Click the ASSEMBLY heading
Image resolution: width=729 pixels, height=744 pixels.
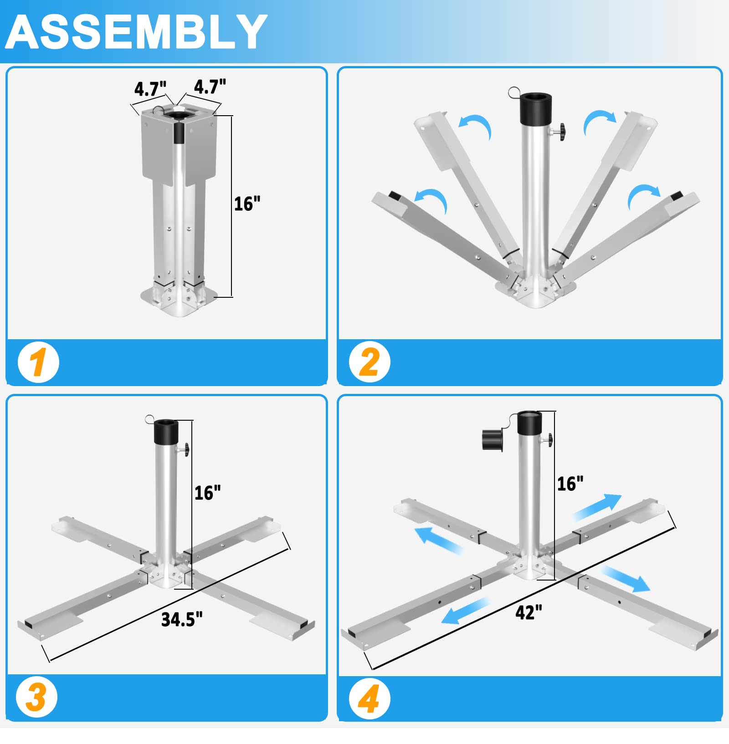tap(136, 32)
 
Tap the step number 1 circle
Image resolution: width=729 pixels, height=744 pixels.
tap(38, 362)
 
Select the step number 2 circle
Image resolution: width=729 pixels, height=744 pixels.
tap(370, 362)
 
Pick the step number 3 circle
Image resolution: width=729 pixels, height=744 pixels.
tap(36, 698)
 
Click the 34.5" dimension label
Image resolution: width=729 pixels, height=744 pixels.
tap(182, 620)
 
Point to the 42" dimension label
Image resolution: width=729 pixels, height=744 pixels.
tap(529, 612)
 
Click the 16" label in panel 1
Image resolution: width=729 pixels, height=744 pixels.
tap(247, 204)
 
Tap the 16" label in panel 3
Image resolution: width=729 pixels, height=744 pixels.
tap(207, 493)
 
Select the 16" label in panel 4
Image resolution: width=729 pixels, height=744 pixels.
tap(570, 484)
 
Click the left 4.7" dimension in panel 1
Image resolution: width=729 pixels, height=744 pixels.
tap(150, 88)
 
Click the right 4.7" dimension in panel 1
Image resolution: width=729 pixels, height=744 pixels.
tap(210, 86)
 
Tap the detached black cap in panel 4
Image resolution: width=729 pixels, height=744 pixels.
tap(492, 440)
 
